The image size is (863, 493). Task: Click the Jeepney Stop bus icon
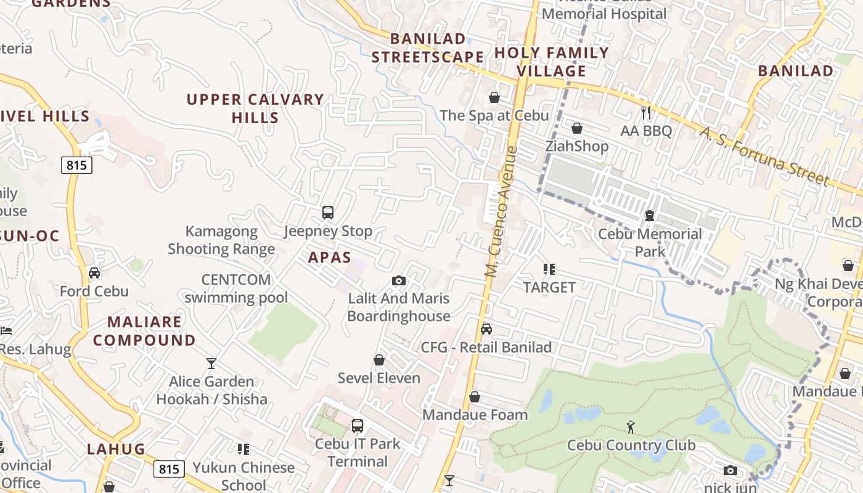pyautogui.click(x=328, y=213)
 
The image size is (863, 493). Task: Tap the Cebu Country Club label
pyautogui.click(x=631, y=445)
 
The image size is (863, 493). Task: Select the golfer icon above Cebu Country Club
pyautogui.click(x=630, y=426)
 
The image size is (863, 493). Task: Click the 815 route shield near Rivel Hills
pyautogui.click(x=76, y=165)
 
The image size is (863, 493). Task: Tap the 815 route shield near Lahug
pyautogui.click(x=169, y=470)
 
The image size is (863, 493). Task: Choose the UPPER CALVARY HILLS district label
pyautogui.click(x=255, y=108)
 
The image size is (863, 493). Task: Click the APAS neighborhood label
pyautogui.click(x=330, y=258)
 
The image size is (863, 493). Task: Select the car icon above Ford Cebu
pyautogui.click(x=94, y=272)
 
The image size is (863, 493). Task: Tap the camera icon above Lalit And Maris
pyautogui.click(x=399, y=280)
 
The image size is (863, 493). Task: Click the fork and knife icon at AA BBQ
pyautogui.click(x=645, y=112)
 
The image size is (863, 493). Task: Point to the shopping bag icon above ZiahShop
pyautogui.click(x=577, y=128)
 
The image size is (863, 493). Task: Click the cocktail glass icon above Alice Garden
pyautogui.click(x=211, y=363)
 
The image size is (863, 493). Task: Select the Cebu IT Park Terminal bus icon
pyautogui.click(x=358, y=425)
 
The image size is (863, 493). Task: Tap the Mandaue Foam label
pyautogui.click(x=475, y=415)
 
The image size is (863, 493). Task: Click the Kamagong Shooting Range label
pyautogui.click(x=221, y=240)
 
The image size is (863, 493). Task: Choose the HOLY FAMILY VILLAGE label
pyautogui.click(x=551, y=62)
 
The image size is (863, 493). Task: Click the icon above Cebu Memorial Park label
pyautogui.click(x=649, y=216)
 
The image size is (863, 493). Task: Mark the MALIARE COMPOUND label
pyautogui.click(x=144, y=331)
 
